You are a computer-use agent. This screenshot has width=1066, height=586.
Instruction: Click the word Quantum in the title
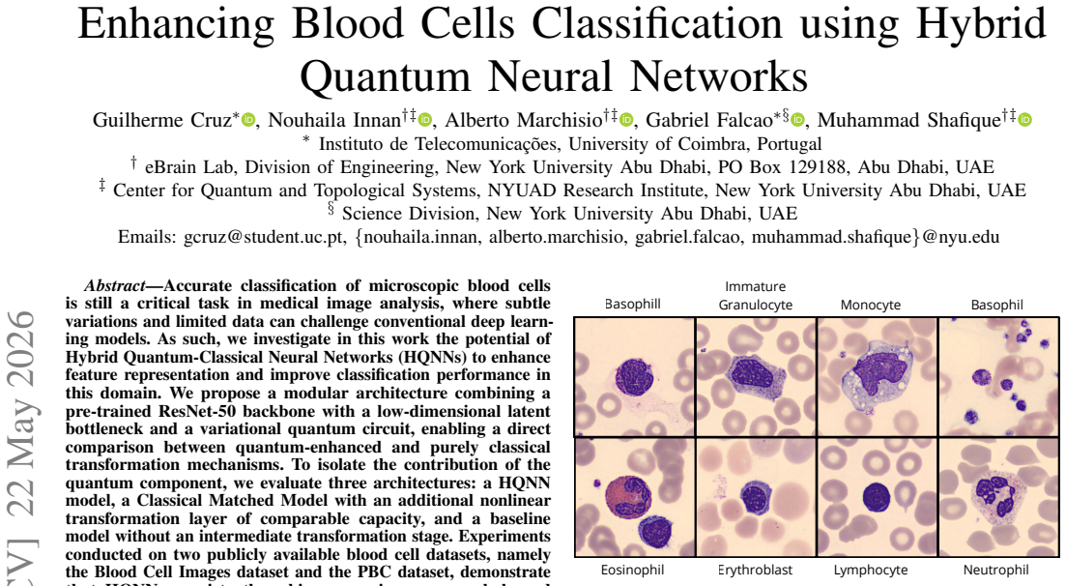(x=385, y=75)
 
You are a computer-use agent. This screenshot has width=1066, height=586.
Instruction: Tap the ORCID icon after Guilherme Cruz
(x=248, y=121)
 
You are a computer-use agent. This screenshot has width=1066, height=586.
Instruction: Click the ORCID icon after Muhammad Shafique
(x=1024, y=121)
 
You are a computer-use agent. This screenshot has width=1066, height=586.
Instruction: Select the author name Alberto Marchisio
(x=524, y=121)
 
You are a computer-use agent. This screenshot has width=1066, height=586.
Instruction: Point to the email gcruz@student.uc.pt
(x=264, y=238)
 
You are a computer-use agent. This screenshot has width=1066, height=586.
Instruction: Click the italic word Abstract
(x=115, y=286)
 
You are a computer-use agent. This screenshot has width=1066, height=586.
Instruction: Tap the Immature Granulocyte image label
(x=756, y=296)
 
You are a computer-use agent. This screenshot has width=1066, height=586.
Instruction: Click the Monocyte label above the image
(x=870, y=305)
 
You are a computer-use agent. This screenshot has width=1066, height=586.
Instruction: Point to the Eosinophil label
(x=632, y=570)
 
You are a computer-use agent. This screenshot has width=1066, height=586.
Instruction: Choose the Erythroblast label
(x=756, y=570)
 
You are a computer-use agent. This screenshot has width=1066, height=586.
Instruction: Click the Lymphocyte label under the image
(x=870, y=570)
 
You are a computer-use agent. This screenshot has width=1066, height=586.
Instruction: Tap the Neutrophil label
(x=996, y=570)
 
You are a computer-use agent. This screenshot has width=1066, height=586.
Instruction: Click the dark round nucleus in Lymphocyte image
(x=877, y=498)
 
